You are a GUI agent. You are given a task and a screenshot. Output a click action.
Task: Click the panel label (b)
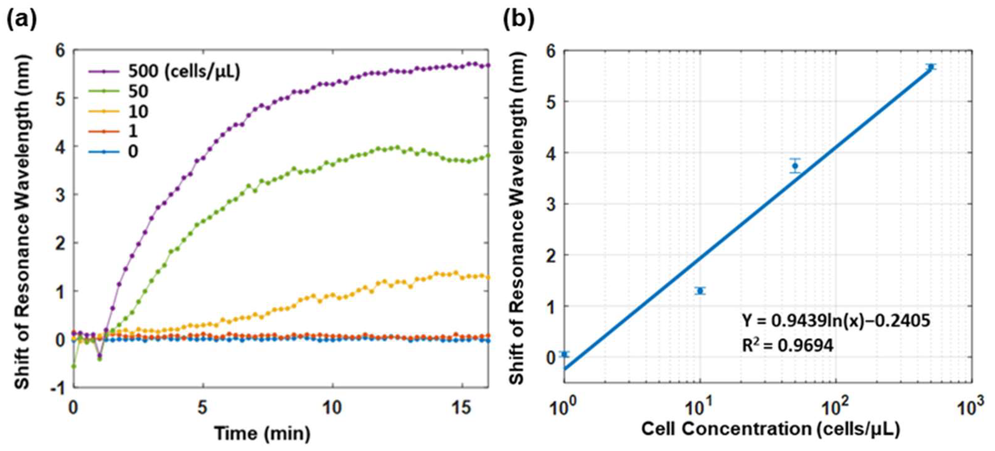tap(519, 19)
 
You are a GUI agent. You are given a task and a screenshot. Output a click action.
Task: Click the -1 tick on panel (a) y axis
tap(58, 388)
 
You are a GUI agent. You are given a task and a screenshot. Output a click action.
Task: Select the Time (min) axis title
tap(262, 433)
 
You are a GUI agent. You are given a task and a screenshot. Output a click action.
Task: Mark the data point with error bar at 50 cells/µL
tap(795, 166)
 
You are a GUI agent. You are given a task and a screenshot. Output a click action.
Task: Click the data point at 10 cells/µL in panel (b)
tap(700, 291)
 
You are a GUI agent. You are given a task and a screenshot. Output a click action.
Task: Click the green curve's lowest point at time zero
tap(73, 366)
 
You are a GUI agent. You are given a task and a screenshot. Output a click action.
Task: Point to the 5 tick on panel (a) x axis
tap(202, 408)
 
